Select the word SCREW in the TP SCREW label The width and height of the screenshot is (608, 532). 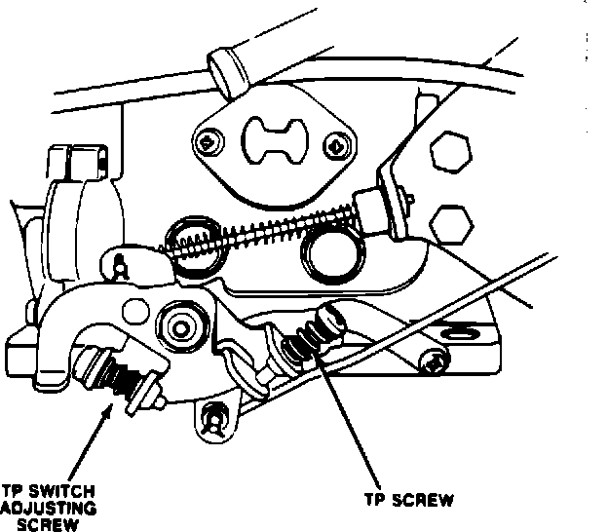pos(426,502)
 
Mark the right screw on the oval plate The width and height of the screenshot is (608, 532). pos(336,145)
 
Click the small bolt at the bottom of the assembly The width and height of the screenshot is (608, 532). pos(213,419)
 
